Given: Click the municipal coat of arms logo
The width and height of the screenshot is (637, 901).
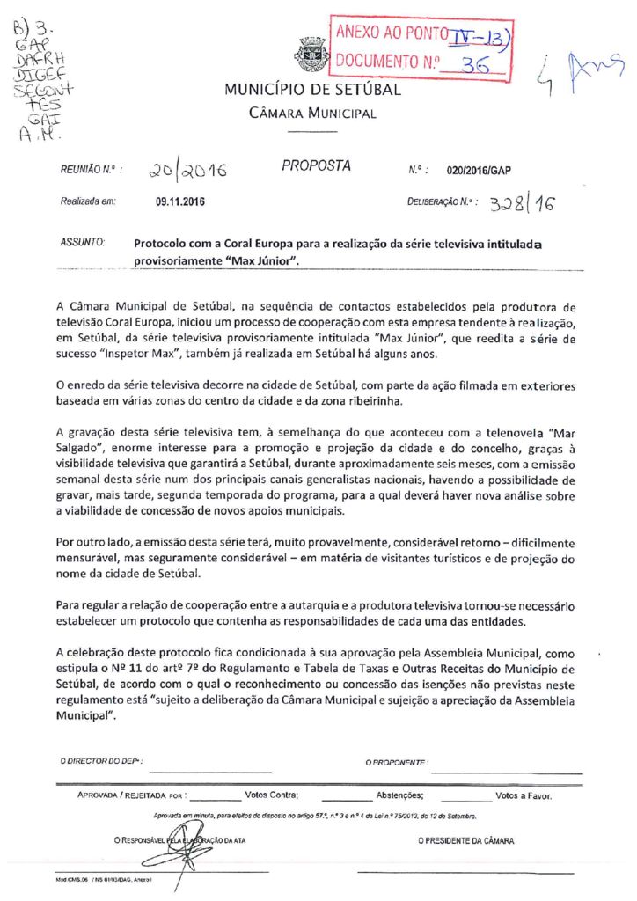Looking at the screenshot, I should click(x=312, y=54).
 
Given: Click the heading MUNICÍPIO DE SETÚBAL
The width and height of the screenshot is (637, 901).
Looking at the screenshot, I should click(x=312, y=90).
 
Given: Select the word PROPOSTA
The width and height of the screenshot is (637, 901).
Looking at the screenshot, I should click(x=317, y=165).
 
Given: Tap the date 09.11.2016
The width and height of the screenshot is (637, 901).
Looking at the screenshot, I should click(x=180, y=201).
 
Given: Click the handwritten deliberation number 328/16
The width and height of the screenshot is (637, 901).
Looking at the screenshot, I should click(x=523, y=204).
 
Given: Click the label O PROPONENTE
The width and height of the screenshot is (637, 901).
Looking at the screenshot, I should click(x=396, y=761).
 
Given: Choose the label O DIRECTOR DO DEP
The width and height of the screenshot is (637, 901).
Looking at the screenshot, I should click(x=101, y=760).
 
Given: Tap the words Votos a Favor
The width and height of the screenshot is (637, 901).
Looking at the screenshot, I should click(x=524, y=795).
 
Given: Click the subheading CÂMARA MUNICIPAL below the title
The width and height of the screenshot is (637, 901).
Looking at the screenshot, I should click(x=313, y=114).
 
